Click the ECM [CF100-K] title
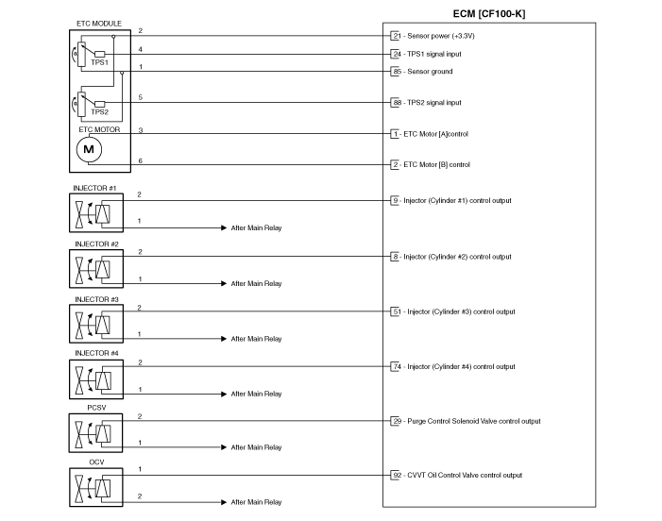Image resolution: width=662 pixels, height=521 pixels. click(x=489, y=14)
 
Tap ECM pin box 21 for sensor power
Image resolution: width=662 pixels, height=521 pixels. click(x=395, y=36)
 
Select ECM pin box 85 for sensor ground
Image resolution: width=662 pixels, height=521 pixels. click(x=395, y=72)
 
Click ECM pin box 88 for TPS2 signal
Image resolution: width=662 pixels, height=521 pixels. click(x=395, y=103)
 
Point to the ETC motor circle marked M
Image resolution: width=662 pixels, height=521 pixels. click(x=89, y=149)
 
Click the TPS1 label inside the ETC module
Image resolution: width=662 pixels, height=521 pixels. click(x=100, y=62)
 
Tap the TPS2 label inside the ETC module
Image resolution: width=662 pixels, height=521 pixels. click(x=100, y=112)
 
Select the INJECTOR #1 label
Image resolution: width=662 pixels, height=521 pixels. click(x=94, y=188)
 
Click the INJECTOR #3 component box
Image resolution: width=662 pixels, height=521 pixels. click(x=96, y=324)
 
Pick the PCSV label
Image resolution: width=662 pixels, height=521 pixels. click(x=96, y=408)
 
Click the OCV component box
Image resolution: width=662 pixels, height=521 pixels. click(x=95, y=487)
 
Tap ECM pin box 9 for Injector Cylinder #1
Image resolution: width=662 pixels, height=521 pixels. click(x=395, y=200)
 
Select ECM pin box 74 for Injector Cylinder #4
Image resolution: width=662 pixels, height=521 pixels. click(x=395, y=366)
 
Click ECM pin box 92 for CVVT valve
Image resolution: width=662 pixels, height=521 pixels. click(x=395, y=475)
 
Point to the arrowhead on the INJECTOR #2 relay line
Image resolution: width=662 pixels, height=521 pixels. click(x=224, y=283)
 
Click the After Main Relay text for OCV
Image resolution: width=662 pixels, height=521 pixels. click(x=256, y=502)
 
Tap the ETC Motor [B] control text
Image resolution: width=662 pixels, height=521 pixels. click(x=436, y=164)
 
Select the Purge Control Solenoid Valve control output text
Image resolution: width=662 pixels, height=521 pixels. click(x=474, y=421)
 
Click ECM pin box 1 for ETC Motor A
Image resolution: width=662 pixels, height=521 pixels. click(x=395, y=134)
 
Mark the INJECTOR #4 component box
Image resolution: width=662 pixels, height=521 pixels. click(x=96, y=379)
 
